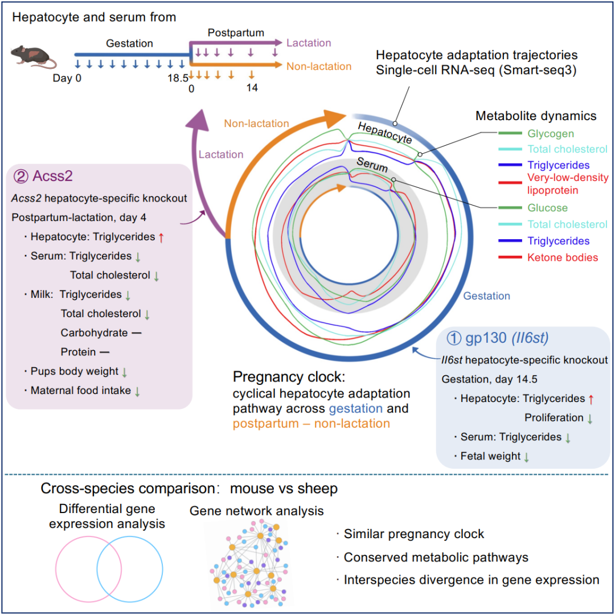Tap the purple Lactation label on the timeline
click(x=309, y=43)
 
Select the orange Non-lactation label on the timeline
click(x=319, y=66)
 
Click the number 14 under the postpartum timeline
click(x=252, y=88)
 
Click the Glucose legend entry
click(x=547, y=208)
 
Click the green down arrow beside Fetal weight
click(x=526, y=457)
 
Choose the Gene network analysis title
click(x=256, y=511)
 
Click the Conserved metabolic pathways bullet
click(x=436, y=557)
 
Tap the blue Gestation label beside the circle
click(x=486, y=296)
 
